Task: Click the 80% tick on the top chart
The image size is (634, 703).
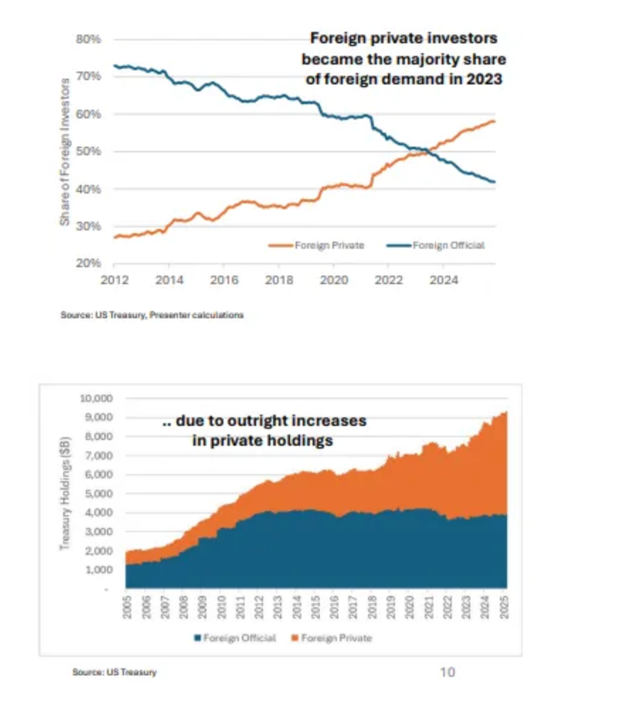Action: (89, 40)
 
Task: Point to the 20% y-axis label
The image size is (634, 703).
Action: (89, 263)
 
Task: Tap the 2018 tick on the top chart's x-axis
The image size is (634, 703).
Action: (279, 280)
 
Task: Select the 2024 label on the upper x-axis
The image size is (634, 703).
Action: (444, 280)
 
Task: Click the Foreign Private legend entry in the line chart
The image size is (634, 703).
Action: (316, 245)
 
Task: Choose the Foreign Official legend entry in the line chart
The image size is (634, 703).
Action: (435, 245)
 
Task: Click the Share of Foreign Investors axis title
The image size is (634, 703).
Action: (65, 152)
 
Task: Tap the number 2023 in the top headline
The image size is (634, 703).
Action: (484, 79)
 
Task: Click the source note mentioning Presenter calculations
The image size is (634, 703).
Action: (152, 315)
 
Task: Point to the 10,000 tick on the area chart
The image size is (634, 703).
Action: (96, 398)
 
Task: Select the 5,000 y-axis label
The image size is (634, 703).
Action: (99, 494)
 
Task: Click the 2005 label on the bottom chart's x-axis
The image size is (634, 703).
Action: (127, 607)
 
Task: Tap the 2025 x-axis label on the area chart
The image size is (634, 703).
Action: (504, 607)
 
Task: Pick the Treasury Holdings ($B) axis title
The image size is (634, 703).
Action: (65, 493)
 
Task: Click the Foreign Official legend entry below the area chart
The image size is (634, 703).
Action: (235, 638)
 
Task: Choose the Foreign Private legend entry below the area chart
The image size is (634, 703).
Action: (332, 638)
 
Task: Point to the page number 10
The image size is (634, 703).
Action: (447, 672)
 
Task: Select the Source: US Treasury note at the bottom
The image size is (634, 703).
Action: (114, 672)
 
